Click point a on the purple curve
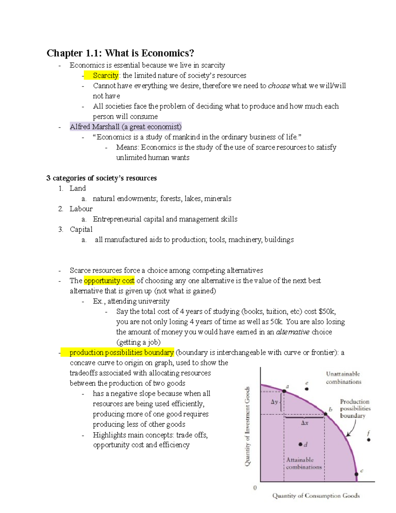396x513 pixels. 284,391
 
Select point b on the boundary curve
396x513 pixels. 325,414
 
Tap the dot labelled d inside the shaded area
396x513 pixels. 300,444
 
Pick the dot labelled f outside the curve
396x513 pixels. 369,440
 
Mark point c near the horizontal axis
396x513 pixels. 356,474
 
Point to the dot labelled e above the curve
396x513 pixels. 307,389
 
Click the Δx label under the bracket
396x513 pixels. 305,423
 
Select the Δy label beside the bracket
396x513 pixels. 275,402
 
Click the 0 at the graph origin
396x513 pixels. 255,488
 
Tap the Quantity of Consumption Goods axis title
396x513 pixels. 316,495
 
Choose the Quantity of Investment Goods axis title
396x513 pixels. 247,426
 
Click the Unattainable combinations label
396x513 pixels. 343,378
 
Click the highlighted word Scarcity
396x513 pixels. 105,75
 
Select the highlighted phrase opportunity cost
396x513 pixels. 109,280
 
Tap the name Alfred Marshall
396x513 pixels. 94,127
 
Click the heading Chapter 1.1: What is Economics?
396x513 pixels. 120,53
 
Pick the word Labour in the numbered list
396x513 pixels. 81,209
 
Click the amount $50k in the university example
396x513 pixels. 327,311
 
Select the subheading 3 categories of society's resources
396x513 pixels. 101,178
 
